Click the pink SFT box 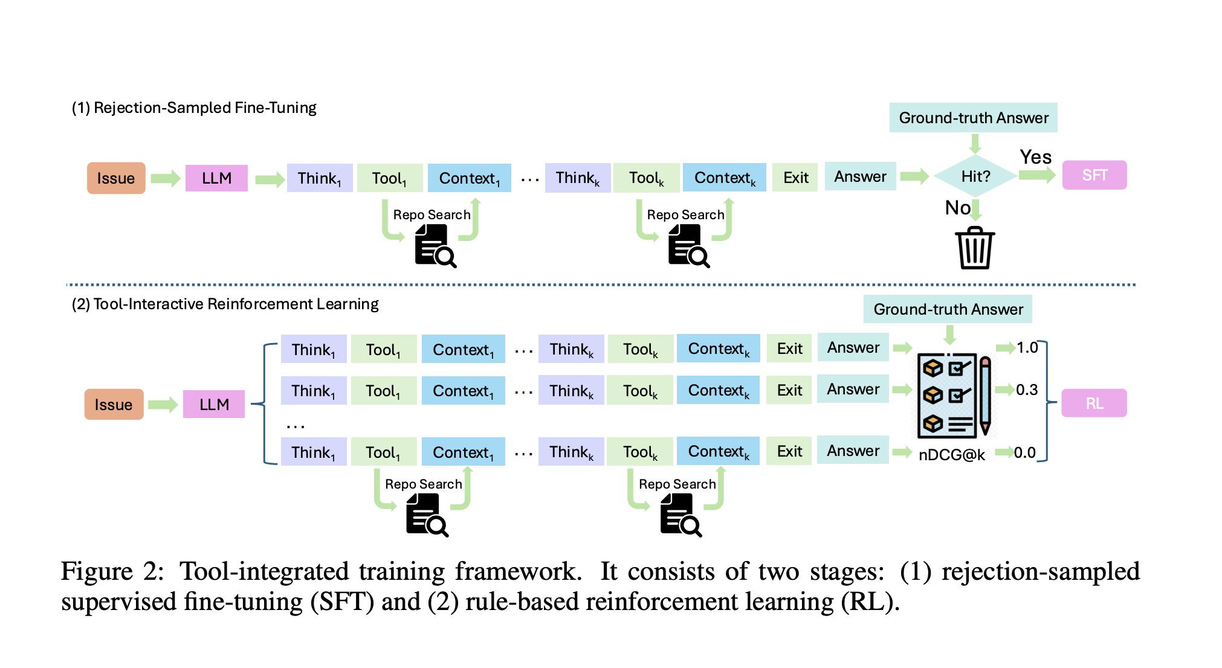point(1094,175)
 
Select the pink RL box point(1094,403)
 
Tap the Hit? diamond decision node point(975,176)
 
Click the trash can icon point(975,248)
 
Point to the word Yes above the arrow point(1035,157)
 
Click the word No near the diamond point(957,208)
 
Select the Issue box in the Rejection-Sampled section point(116,178)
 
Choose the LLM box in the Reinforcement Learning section point(214,404)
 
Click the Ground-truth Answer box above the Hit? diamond point(973,118)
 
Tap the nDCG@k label point(951,455)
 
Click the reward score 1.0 point(1027,347)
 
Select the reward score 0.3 point(1027,390)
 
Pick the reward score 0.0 point(1024,452)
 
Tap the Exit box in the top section point(795,178)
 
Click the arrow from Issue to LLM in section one point(165,178)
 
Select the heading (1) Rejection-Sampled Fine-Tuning point(194,108)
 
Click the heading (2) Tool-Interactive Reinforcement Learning point(225,304)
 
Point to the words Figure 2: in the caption point(112,571)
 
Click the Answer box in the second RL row point(853,390)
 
